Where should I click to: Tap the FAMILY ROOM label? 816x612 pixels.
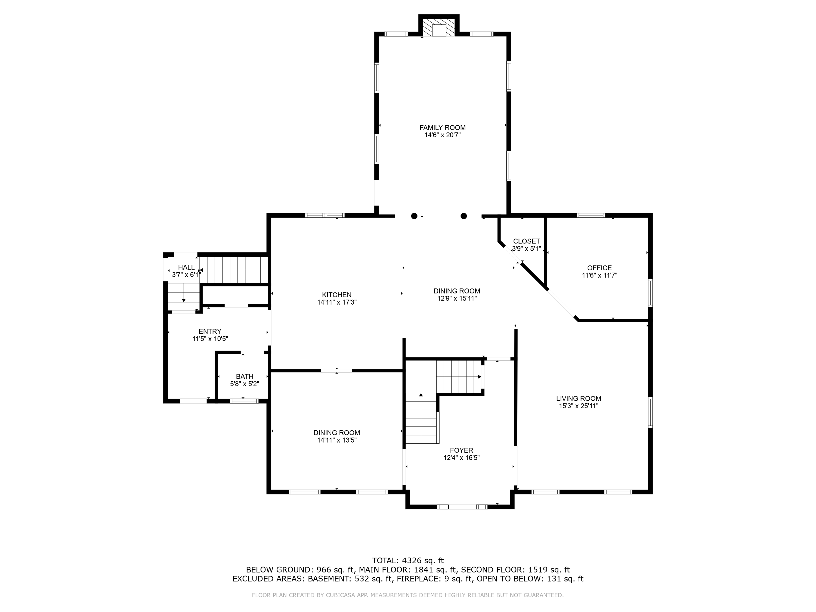pos(442,128)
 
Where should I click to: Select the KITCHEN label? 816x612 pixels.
pos(337,295)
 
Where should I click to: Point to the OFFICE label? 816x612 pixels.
pos(599,268)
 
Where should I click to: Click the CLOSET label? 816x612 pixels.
pos(526,241)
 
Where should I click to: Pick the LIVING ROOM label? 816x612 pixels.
pos(579,398)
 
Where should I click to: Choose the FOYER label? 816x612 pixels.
pos(462,450)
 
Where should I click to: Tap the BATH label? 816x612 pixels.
pos(245,376)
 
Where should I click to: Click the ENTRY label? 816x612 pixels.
pos(210,331)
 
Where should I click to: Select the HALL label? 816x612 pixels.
pos(186,267)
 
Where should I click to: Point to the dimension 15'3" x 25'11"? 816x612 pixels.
pos(579,406)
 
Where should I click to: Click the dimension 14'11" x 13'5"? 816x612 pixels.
pos(337,440)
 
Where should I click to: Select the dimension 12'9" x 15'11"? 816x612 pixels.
pos(457,298)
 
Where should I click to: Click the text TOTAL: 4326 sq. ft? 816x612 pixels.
pos(408,561)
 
